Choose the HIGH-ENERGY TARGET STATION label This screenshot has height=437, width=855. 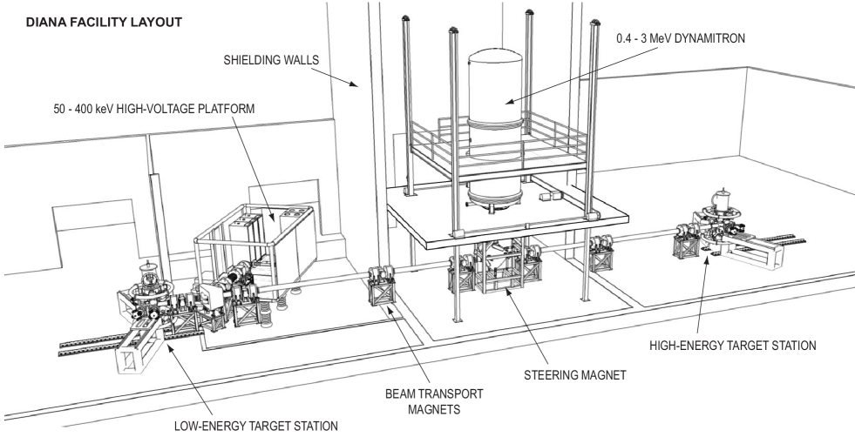coord(732,345)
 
